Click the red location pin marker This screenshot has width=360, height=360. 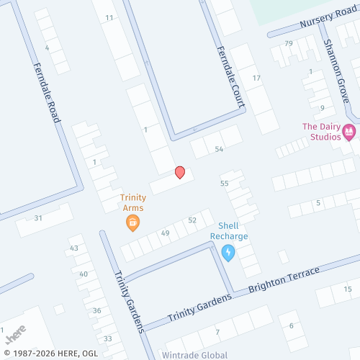pos(180,172)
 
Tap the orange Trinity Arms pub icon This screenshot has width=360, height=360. pos(132,223)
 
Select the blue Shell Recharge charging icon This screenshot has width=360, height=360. pos(228,252)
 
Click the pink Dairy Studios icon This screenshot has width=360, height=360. pos(350,131)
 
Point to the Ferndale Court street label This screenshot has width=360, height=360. pos(230,78)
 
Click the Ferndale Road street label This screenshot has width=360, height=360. pos(45,92)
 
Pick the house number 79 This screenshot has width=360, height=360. pos(289,44)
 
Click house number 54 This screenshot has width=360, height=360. pos(219,149)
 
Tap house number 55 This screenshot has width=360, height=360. pos(224,184)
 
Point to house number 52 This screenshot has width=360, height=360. pos(192,220)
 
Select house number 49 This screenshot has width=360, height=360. pos(165,233)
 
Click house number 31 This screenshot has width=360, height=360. pos(38,217)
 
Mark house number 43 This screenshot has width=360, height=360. pos(73,248)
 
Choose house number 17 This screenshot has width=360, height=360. pos(256,78)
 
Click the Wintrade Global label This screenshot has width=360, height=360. pos(194,355)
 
